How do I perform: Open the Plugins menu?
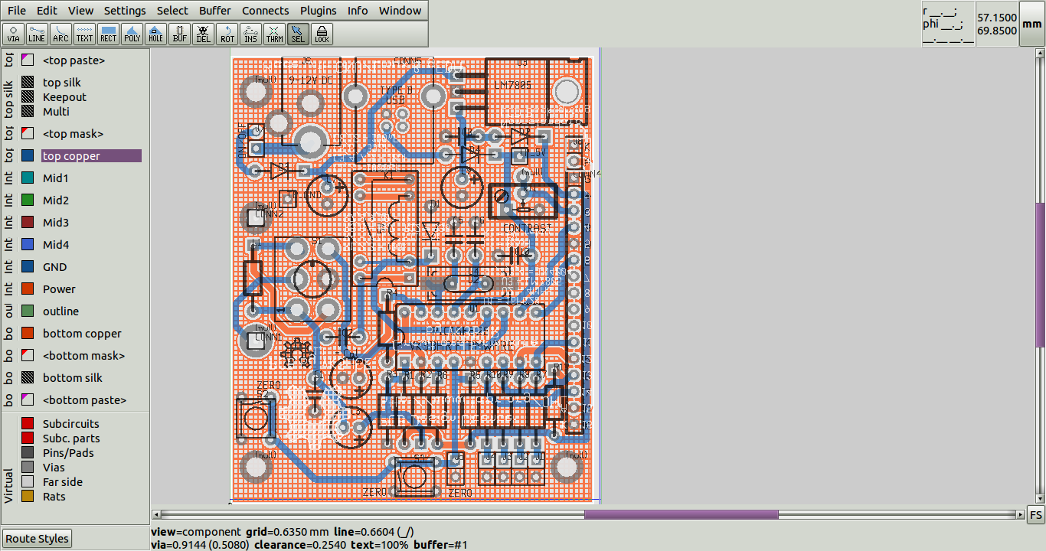318,11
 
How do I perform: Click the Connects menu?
266,11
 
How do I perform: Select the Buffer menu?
215,11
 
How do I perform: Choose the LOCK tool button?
322,34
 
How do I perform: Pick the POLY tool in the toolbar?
132,34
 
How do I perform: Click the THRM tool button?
274,34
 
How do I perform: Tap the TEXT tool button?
85,34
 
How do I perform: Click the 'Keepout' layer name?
64,97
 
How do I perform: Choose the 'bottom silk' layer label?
72,378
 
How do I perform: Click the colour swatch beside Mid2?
28,201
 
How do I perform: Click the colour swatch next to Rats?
28,497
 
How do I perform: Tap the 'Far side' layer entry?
62,482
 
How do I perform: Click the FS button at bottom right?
1035,514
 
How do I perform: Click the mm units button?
1031,24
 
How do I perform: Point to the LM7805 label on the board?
512,85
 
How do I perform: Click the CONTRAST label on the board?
527,228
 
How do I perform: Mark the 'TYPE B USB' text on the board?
396,95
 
